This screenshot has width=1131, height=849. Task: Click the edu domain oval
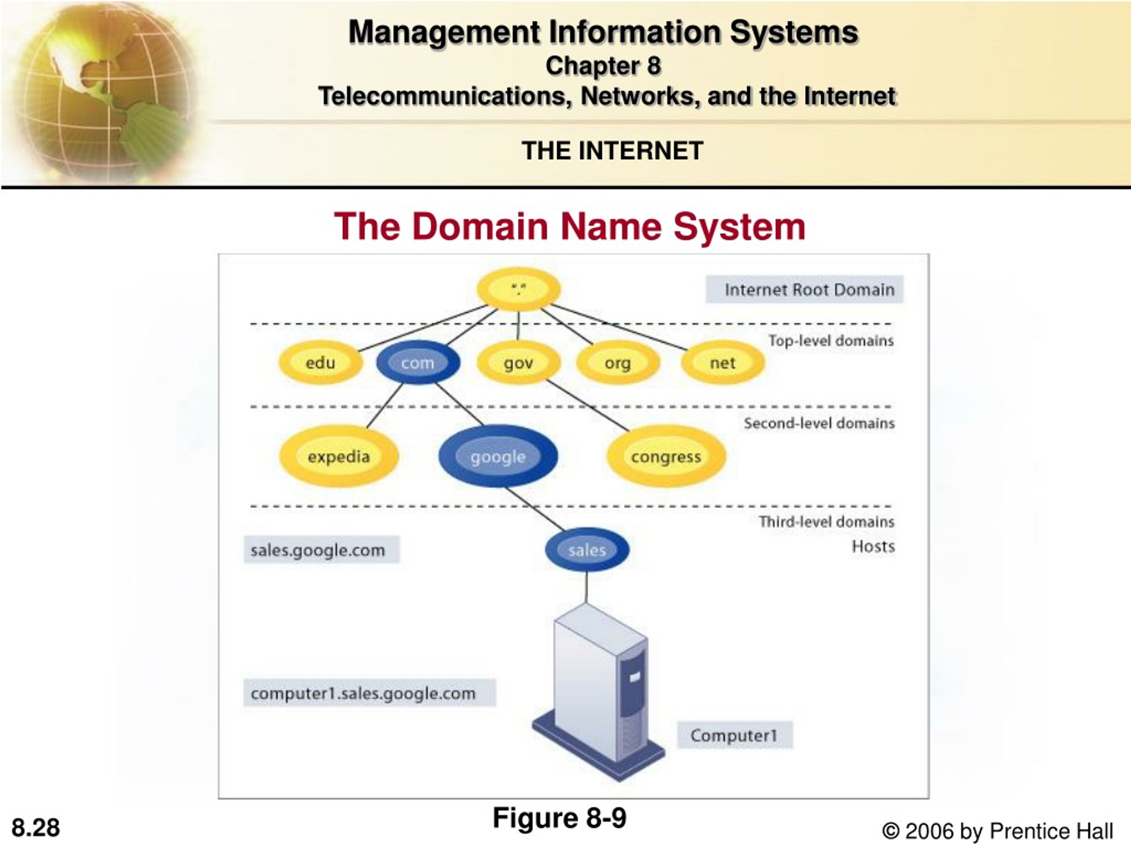321,362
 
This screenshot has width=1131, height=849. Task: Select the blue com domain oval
418,362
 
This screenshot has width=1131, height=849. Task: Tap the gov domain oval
519,362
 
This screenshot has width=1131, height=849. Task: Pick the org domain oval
618,362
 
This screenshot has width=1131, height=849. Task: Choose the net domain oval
722,362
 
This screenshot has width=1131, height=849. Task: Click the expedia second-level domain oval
338,456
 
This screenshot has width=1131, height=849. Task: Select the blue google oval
498,456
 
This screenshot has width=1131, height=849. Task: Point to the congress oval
666,456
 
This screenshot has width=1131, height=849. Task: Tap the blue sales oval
587,550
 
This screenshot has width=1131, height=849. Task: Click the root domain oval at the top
519,289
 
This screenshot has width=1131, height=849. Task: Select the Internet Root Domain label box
804,290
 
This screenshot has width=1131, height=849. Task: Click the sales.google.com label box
321,550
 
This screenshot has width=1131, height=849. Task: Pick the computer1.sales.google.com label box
369,693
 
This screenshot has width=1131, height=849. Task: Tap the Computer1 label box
735,735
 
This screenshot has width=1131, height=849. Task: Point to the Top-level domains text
831,340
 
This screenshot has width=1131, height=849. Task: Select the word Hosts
873,546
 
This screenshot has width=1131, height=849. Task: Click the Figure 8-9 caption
559,817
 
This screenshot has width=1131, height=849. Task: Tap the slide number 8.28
36,827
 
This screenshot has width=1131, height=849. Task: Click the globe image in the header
102,92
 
